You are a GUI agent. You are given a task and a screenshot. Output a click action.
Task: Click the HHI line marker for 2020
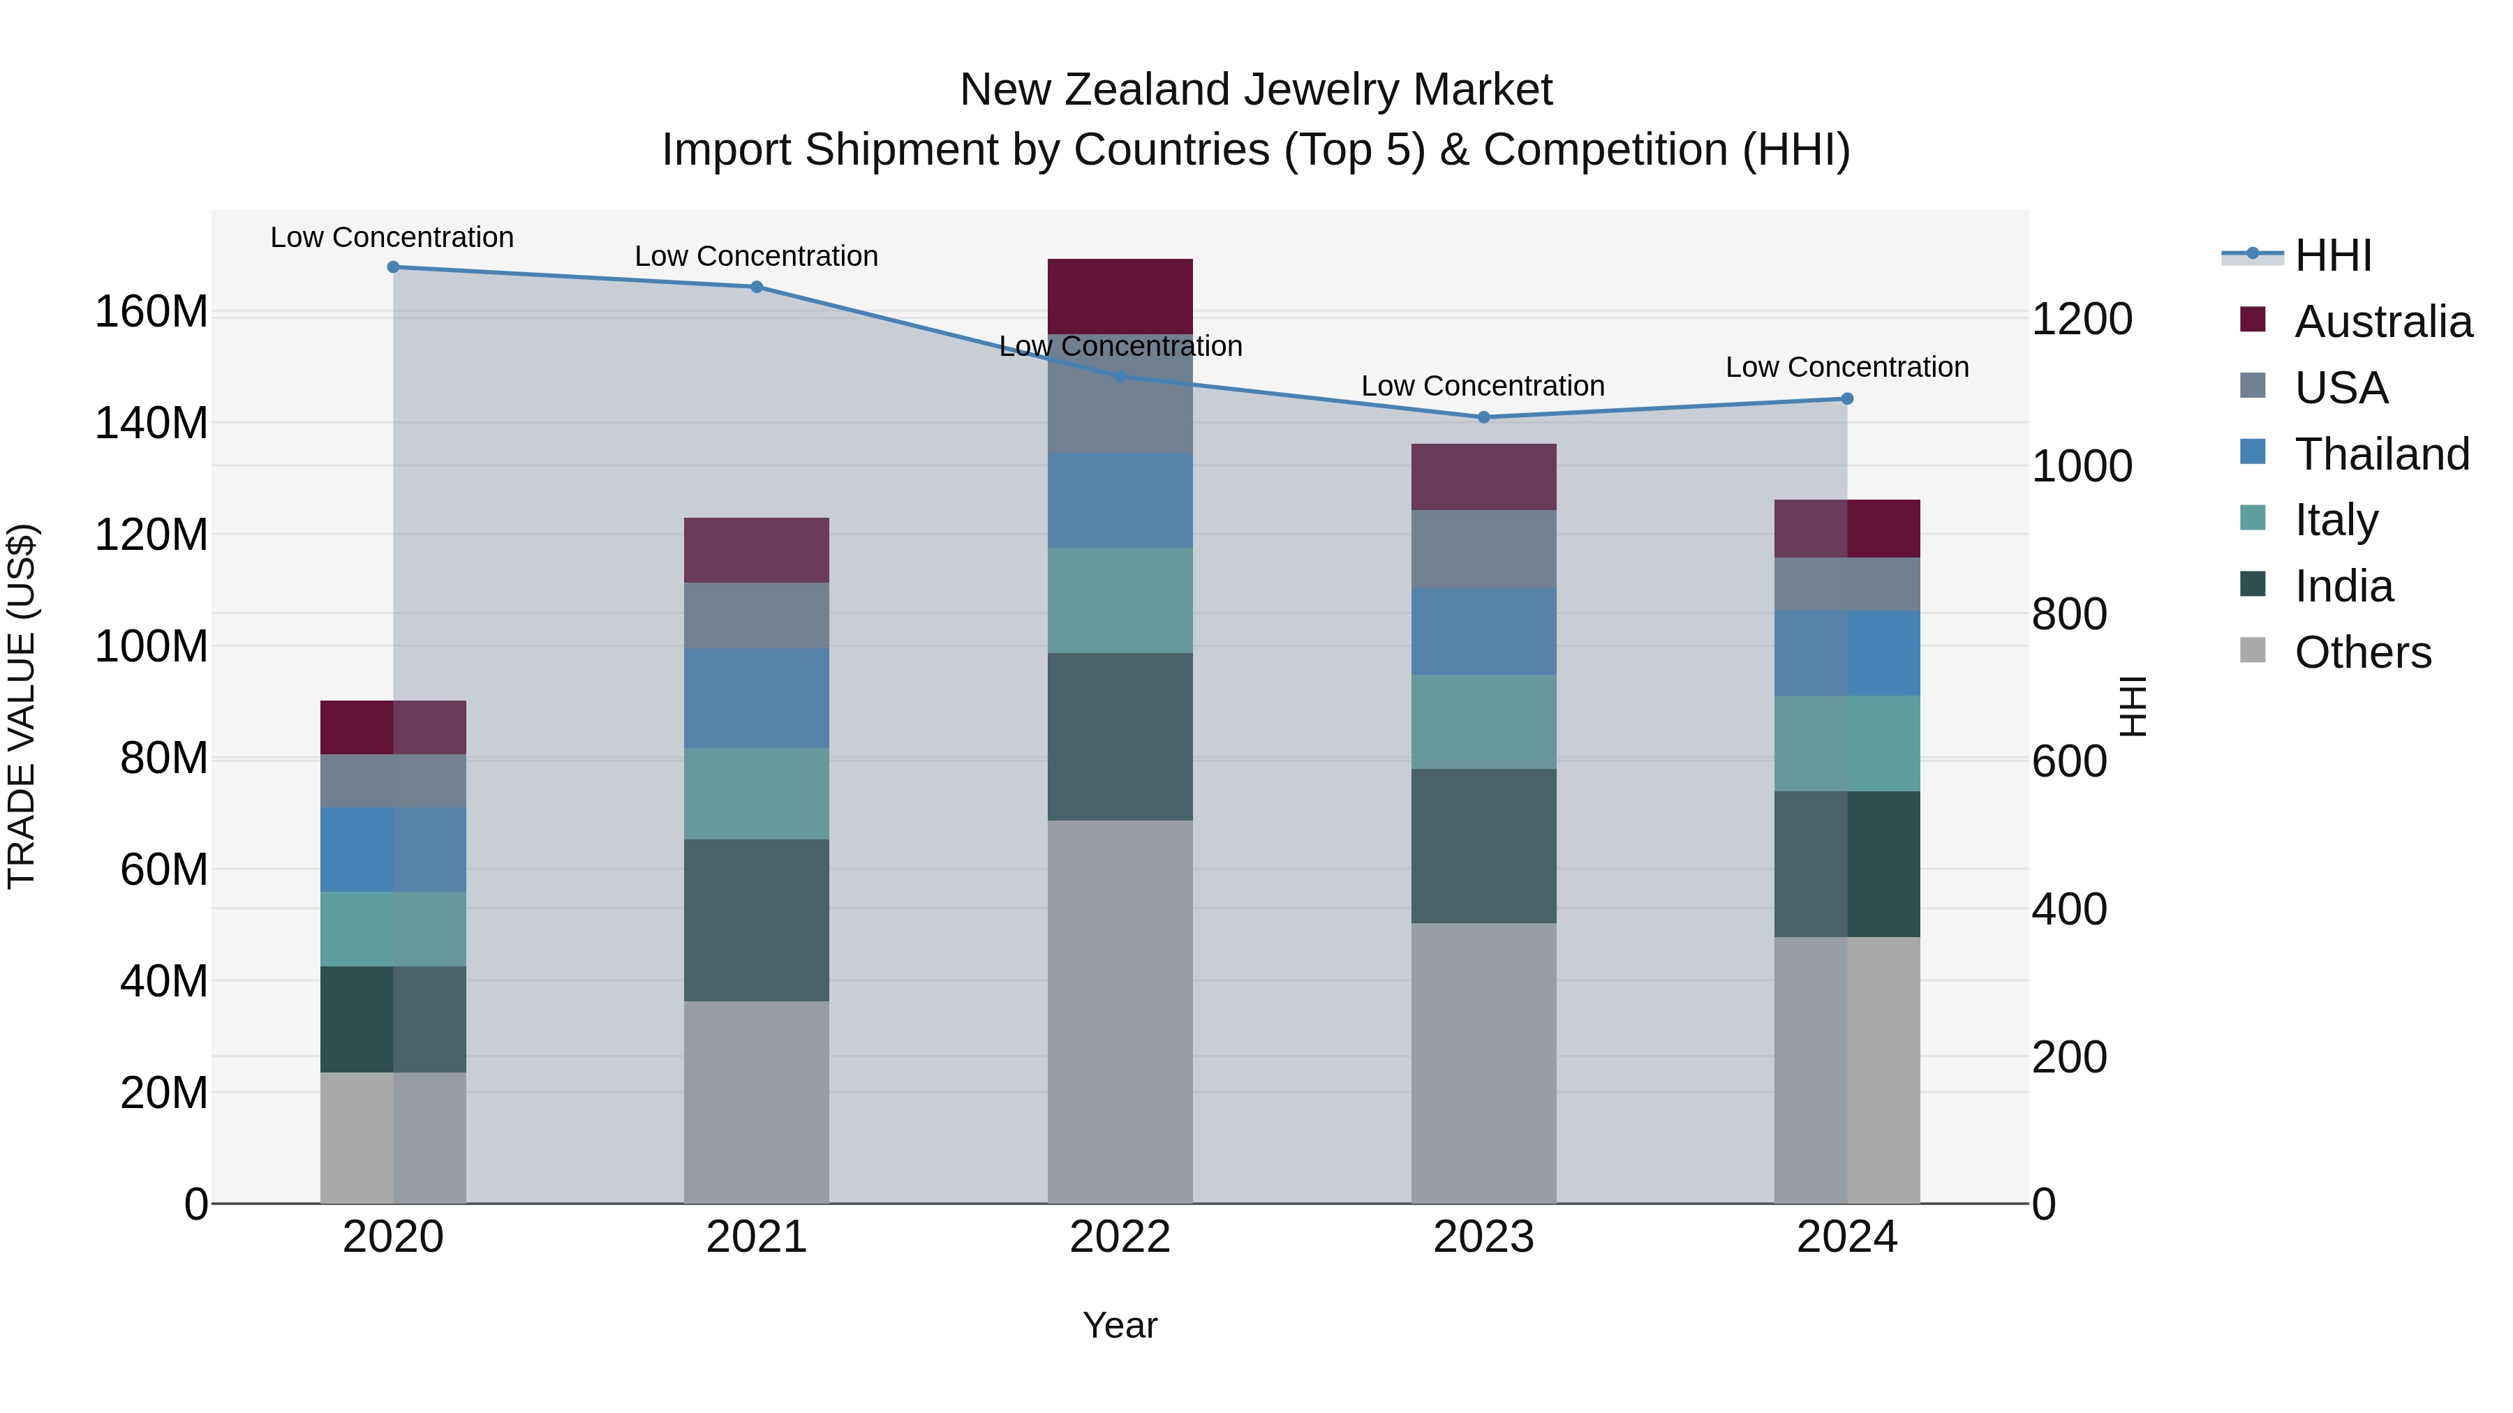393,267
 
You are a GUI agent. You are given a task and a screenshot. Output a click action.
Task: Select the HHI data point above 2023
1484,417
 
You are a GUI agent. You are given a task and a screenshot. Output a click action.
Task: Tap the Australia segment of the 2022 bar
1120,297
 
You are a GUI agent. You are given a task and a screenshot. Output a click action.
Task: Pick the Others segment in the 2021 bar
756,1102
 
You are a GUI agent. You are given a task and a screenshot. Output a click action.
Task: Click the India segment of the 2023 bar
1484,846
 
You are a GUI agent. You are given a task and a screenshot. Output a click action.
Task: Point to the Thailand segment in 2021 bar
756,698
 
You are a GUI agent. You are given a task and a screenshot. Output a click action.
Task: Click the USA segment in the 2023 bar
1484,549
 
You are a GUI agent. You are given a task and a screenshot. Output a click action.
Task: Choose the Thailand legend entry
2380,454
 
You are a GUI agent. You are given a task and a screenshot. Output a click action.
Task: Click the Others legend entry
2362,652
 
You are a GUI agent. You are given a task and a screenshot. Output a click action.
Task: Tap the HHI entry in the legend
2332,255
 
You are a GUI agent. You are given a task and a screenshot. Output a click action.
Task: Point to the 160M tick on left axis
151,312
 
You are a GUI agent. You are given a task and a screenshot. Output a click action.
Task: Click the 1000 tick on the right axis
2082,466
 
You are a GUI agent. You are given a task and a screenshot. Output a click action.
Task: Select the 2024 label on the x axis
1846,1237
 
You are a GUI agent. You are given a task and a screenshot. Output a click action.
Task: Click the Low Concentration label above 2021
756,257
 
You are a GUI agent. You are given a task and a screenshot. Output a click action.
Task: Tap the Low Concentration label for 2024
1846,368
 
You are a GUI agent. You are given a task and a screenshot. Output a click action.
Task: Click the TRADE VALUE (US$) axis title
22,706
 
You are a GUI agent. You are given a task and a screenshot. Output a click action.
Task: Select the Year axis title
1120,1325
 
